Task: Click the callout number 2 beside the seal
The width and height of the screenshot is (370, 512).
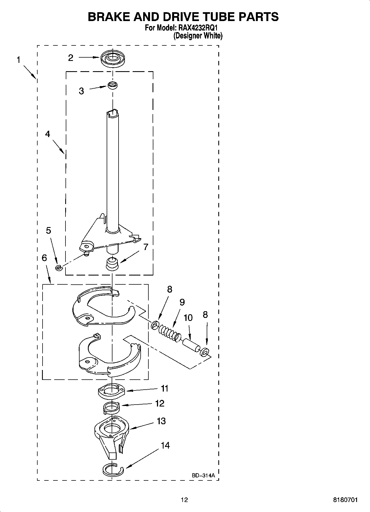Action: [x=71, y=58]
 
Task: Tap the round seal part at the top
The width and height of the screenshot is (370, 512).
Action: [x=113, y=59]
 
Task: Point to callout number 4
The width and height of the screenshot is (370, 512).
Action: [x=48, y=134]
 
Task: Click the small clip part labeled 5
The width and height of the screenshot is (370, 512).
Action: [x=58, y=267]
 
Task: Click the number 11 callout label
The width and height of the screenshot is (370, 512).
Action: [x=165, y=389]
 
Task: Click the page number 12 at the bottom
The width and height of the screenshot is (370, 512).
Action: [x=184, y=500]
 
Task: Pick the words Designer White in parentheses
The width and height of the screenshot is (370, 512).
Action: [x=198, y=36]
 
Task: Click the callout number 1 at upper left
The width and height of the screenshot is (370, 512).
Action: [x=19, y=60]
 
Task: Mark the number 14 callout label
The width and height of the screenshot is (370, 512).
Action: [x=165, y=445]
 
